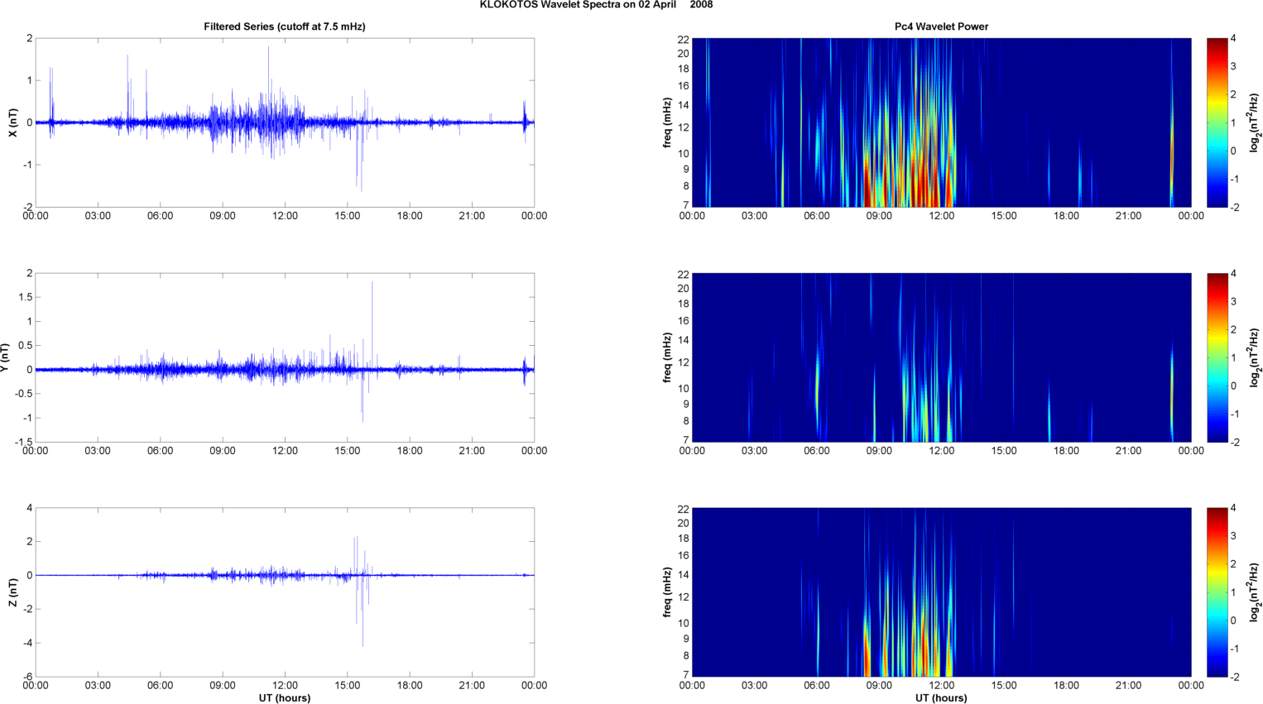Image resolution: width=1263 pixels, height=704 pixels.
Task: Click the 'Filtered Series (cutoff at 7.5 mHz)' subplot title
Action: pos(285,26)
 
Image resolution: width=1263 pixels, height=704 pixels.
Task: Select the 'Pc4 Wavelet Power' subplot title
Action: pos(941,26)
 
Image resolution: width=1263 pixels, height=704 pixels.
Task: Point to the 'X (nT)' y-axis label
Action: pos(12,122)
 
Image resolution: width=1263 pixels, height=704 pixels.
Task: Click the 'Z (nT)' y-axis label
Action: pos(12,592)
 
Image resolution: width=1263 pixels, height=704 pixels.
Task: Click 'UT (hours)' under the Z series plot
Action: pos(285,697)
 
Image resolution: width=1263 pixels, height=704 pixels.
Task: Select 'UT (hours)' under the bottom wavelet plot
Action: pos(941,697)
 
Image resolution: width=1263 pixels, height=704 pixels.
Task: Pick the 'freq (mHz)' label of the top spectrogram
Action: pos(667,122)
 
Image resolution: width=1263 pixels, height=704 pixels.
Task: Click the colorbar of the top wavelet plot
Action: pos(1217,122)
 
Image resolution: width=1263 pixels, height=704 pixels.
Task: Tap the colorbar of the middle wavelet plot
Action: pos(1217,357)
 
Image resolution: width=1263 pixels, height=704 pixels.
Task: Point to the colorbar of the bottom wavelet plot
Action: pos(1217,592)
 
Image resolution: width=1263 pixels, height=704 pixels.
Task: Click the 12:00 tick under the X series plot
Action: pos(285,216)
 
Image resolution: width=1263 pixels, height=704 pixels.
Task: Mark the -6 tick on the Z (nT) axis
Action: pos(28,677)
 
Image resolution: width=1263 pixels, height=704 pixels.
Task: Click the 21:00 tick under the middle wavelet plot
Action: pos(1128,451)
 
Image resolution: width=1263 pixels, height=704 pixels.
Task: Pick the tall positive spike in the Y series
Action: pos(372,283)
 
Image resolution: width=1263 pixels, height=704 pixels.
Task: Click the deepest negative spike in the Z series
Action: pos(363,644)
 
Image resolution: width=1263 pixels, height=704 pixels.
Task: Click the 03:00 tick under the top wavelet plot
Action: pos(754,216)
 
